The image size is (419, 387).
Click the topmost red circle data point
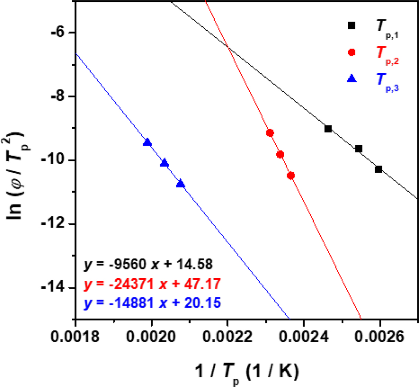tap(270, 133)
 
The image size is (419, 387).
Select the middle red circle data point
tap(280, 154)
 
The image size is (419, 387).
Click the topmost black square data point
tap(328, 129)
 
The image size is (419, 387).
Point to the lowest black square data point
tap(378, 169)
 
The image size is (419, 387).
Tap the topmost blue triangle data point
tap(147, 142)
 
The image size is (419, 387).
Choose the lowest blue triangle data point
tap(180, 184)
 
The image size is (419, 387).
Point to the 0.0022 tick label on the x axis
tap(228, 337)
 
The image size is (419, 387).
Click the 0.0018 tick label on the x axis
tap(75, 337)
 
